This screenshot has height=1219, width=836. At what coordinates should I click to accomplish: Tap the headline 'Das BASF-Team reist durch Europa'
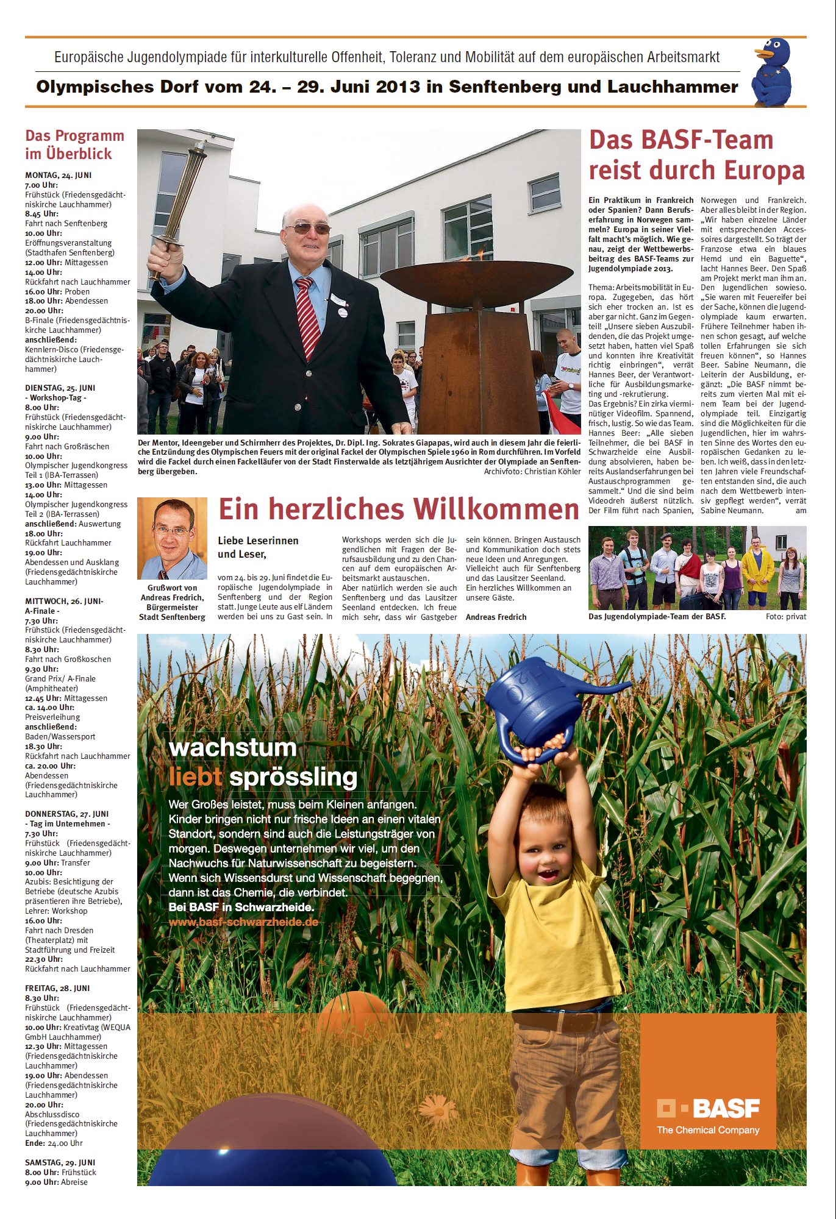tap(696, 155)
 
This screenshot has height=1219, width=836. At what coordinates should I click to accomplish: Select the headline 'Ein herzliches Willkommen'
tap(399, 509)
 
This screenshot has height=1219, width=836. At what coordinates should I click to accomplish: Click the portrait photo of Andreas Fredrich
tap(172, 538)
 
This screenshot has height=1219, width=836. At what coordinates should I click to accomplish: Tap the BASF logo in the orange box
tap(708, 1109)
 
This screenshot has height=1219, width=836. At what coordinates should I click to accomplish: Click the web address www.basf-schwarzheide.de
tap(243, 922)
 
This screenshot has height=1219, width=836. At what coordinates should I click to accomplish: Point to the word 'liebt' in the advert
tap(195, 777)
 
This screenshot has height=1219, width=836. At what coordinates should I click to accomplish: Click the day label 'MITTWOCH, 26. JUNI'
tap(64, 601)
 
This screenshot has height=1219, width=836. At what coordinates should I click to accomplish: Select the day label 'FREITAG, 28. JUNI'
tap(57, 988)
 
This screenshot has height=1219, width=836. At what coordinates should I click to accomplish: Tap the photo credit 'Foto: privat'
tap(785, 617)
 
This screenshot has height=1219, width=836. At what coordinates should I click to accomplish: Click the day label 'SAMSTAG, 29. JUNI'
tap(60, 1162)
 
